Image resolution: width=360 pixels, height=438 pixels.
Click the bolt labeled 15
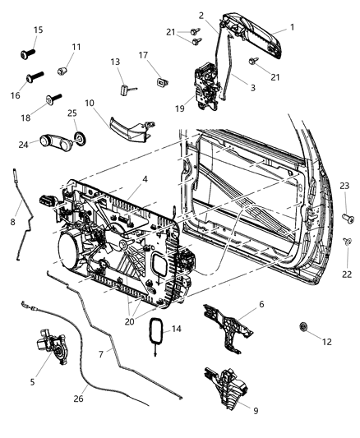pyautogui.click(x=24, y=56)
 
